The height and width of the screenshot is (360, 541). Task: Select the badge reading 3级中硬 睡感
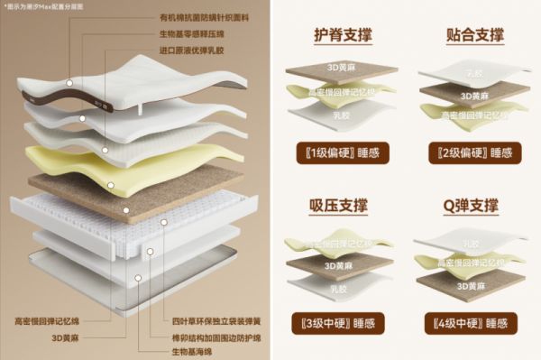pyautogui.click(x=341, y=323)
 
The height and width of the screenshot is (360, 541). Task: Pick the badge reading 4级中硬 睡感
pyautogui.click(x=473, y=323)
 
